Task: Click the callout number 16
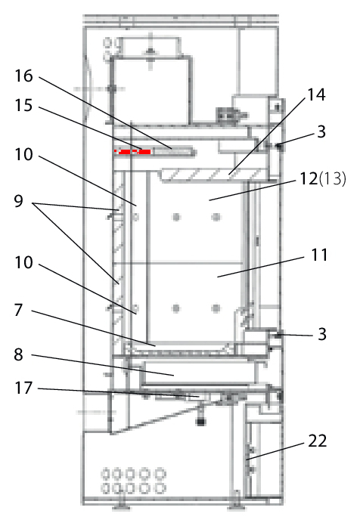coord(24,76)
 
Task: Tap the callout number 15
coord(24,105)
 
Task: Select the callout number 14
coord(316,95)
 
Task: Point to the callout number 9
coord(19,201)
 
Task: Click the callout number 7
coord(19,310)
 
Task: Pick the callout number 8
coord(19,354)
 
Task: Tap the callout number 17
coord(24,388)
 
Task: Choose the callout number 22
coord(318,441)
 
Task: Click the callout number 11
coord(319,255)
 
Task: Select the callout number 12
coord(309,178)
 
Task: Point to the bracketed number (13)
coord(332,178)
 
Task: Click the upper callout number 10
coord(24,155)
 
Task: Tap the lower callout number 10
coord(24,262)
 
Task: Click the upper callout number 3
coord(321,131)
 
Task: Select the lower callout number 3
coord(322,334)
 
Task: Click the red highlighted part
coord(133,152)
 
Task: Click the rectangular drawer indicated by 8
coord(199,373)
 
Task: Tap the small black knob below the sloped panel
coord(200,422)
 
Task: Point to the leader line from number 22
coord(275,451)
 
